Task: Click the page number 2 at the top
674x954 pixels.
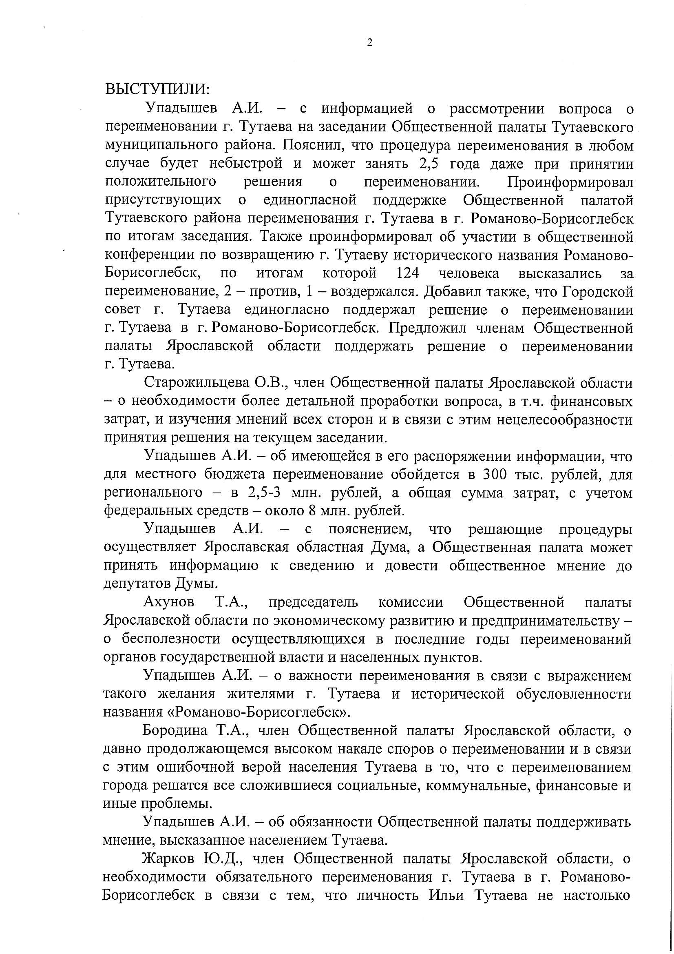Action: click(369, 42)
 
